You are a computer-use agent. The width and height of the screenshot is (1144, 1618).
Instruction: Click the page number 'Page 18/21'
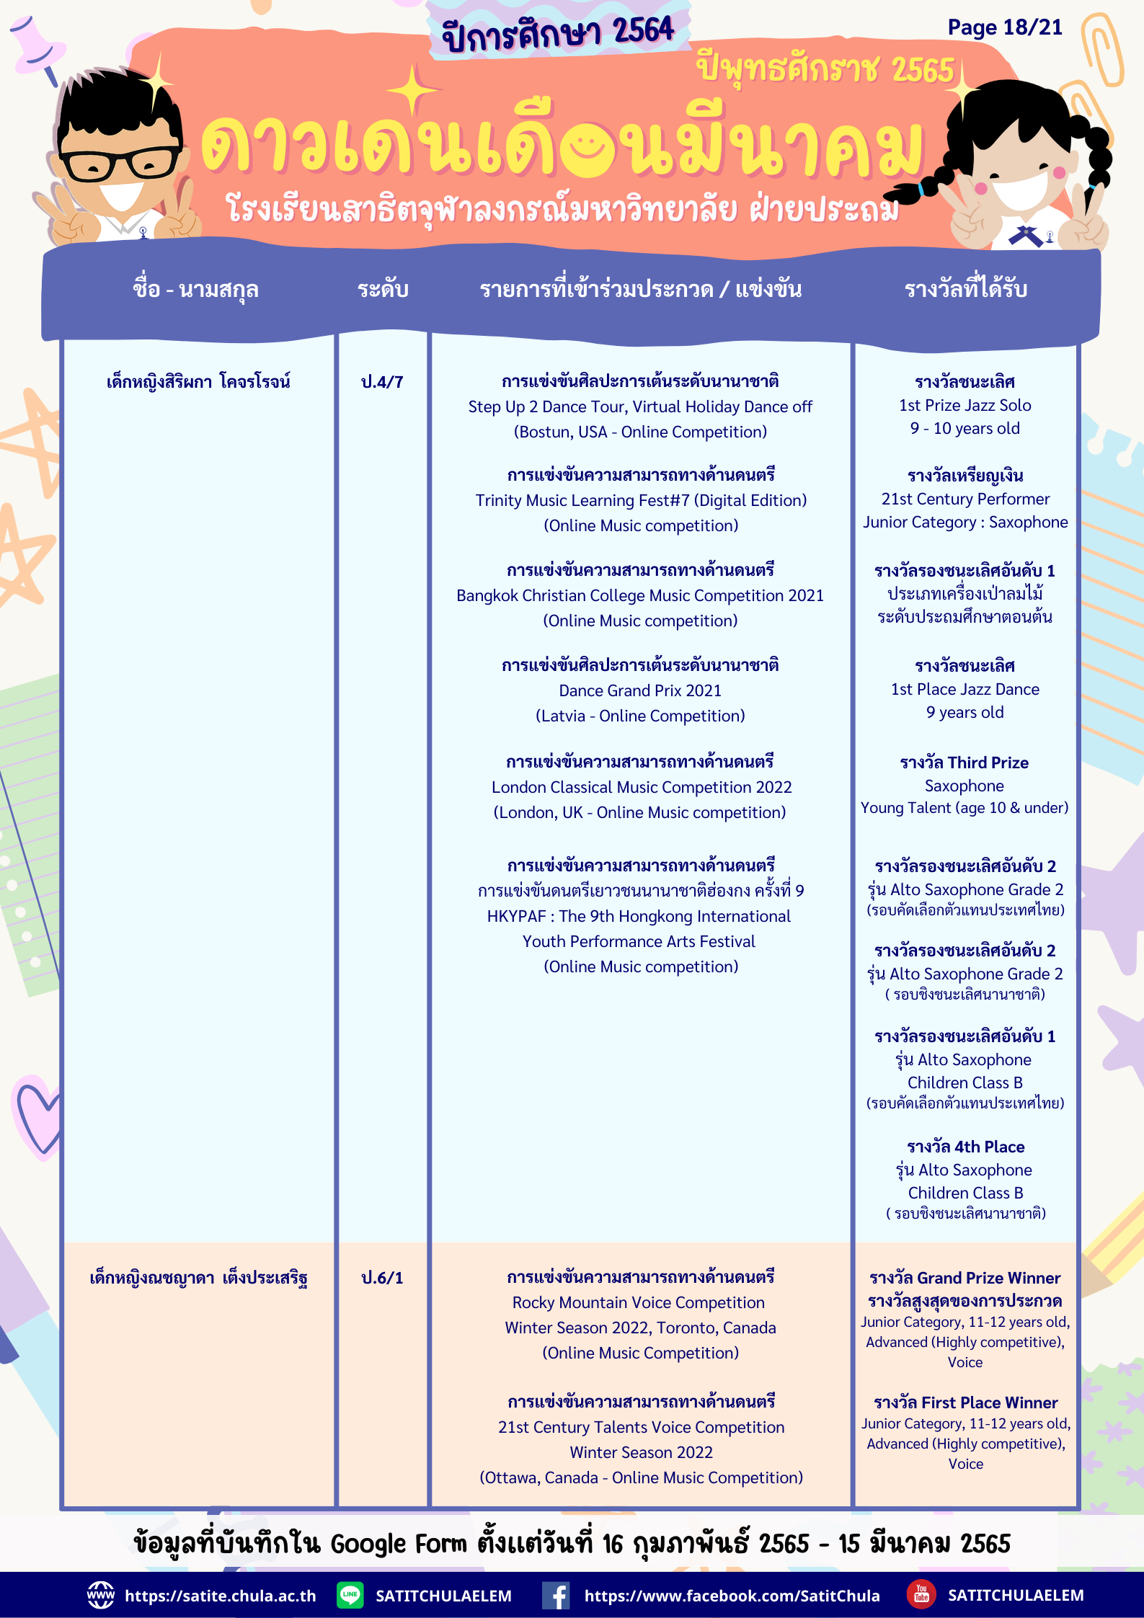tap(1004, 28)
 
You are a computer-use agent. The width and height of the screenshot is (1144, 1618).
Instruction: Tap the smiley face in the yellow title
tap(596, 150)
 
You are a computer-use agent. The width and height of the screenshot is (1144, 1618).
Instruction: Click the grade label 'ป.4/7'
tap(382, 382)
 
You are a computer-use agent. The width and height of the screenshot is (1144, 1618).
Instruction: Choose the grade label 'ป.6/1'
tap(382, 1278)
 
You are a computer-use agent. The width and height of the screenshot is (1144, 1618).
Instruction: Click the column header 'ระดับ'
tap(383, 290)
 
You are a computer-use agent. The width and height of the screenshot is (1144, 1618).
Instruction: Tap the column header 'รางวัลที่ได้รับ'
tap(965, 290)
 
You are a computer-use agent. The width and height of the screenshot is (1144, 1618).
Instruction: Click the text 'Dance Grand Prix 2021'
tap(640, 690)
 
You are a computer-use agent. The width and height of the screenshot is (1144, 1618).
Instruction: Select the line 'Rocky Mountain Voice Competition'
tap(638, 1302)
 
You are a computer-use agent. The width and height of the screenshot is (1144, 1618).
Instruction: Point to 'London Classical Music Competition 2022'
tap(642, 787)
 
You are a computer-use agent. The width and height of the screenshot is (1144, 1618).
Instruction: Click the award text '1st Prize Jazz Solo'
tap(965, 405)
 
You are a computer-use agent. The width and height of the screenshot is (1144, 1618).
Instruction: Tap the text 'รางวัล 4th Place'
tap(965, 1147)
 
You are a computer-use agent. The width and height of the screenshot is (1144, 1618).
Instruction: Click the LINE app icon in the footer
tap(350, 1594)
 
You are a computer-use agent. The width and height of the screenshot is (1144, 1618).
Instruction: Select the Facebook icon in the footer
tap(557, 1595)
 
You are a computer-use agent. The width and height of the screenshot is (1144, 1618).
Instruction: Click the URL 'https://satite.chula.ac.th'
tap(220, 1596)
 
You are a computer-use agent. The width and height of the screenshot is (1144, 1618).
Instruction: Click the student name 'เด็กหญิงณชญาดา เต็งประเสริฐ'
tap(198, 1279)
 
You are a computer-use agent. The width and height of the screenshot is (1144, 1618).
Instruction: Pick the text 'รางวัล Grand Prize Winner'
tap(965, 1278)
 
